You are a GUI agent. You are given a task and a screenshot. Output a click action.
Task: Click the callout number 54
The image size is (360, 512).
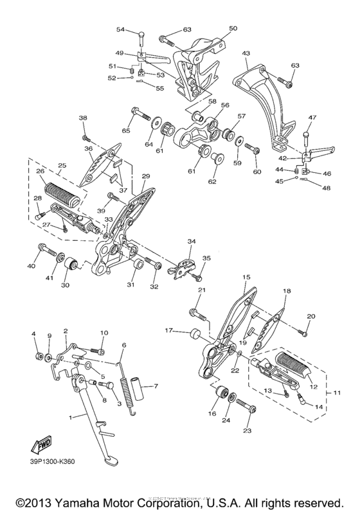tap(120, 30)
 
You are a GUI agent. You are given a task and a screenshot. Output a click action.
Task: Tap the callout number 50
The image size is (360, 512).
tap(233, 28)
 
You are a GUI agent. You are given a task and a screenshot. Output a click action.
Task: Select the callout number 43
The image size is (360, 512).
tap(246, 52)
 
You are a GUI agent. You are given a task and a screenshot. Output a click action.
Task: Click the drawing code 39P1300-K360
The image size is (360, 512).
tap(51, 461)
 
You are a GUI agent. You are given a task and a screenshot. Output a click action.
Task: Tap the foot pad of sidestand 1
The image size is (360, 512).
tap(109, 462)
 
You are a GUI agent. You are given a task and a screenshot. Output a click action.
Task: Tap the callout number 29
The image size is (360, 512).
tap(146, 175)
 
